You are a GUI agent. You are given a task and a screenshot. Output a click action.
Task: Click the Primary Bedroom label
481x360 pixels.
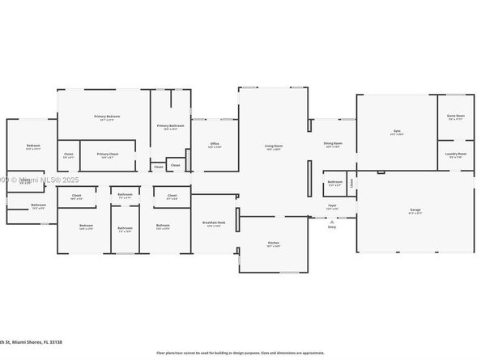104,118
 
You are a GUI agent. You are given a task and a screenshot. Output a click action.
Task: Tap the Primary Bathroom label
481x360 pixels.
171,127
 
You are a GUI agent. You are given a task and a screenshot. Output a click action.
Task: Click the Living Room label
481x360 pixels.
274,147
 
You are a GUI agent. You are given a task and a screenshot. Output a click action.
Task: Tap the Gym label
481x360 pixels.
397,132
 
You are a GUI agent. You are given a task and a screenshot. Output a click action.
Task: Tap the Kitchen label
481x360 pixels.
274,244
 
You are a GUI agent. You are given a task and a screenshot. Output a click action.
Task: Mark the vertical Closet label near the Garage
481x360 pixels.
352,183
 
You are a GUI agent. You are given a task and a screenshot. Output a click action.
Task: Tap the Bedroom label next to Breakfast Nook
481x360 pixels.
163,226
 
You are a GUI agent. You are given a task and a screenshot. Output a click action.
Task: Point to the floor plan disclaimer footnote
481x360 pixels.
240,353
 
